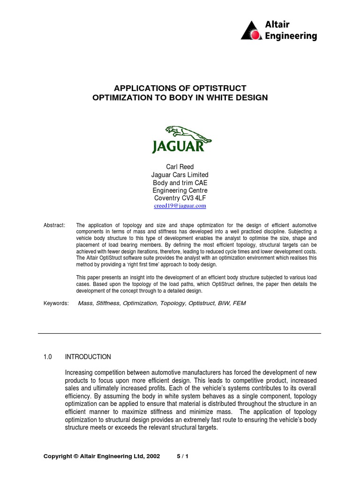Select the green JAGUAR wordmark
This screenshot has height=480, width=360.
178,147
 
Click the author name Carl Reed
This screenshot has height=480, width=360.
180,166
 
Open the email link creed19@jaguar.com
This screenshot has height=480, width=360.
180,206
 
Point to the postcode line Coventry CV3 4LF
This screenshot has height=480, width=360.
180,198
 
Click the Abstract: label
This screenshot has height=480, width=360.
54,225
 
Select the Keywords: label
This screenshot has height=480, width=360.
56,303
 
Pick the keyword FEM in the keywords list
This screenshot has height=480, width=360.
239,303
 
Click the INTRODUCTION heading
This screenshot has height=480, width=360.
88,357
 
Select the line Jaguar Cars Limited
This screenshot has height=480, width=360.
180,174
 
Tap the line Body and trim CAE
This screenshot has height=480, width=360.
180,182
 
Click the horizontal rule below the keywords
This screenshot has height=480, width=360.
180,333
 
